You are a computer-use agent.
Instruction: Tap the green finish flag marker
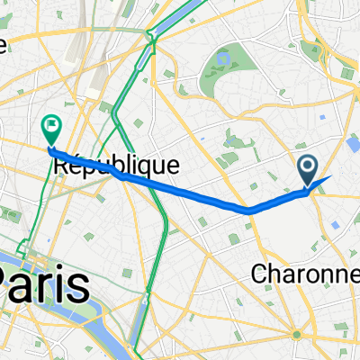(x=50, y=130)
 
